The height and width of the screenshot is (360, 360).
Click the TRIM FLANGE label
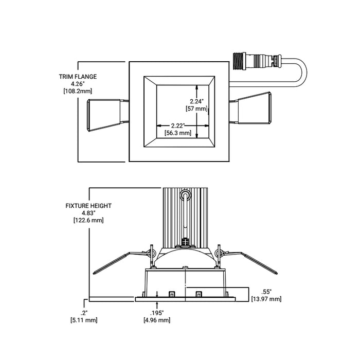[x=78, y=77]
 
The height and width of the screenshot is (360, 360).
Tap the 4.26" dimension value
[x=78, y=84]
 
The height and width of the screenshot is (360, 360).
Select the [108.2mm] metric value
[x=78, y=91]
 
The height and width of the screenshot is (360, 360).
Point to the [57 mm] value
[x=196, y=109]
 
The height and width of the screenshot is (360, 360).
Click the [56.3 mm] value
[x=178, y=133]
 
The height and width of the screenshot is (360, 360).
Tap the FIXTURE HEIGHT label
[x=88, y=205]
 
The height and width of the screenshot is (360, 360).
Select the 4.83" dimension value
[x=88, y=212]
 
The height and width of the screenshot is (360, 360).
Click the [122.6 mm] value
[x=88, y=220]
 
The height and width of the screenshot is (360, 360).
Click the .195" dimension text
[x=157, y=313]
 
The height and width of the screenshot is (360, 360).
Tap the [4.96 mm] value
[x=157, y=320]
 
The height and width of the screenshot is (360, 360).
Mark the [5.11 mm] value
[x=84, y=320]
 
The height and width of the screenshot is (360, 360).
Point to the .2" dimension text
[x=84, y=313]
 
